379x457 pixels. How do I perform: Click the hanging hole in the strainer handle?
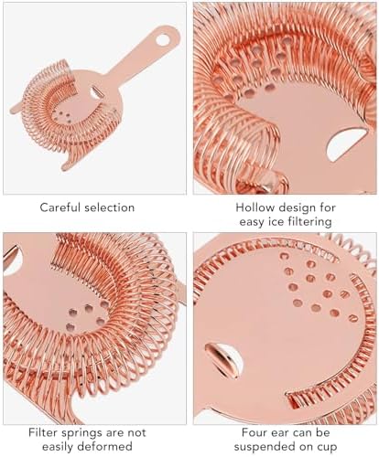(x=163, y=40)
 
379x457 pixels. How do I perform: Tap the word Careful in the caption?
(x=60, y=207)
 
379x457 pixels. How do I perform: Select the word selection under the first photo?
(x=110, y=207)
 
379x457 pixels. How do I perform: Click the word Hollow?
(x=255, y=207)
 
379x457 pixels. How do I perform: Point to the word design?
(x=298, y=208)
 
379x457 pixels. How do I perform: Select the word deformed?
(x=104, y=446)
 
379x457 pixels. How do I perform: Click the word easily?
(x=58, y=448)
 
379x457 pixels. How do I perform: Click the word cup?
(x=329, y=448)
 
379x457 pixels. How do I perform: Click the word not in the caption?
(x=136, y=432)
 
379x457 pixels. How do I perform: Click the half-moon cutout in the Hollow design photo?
(x=347, y=144)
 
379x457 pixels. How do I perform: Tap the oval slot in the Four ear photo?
(x=224, y=360)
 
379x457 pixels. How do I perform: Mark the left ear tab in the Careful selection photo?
(x=16, y=108)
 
